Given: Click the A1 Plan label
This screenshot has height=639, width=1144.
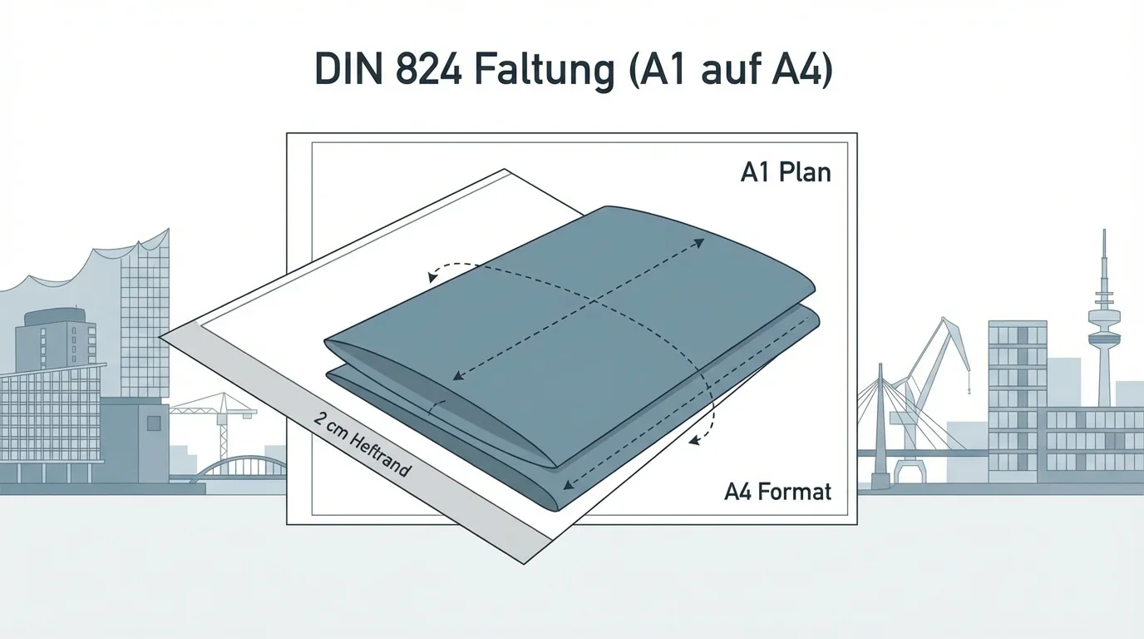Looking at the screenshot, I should tap(785, 173).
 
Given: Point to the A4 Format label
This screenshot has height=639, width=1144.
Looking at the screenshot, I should tap(777, 492).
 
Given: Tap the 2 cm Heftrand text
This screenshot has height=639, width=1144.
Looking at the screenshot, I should tap(362, 443).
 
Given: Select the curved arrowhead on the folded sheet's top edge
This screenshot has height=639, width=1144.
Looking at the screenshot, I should tap(432, 276).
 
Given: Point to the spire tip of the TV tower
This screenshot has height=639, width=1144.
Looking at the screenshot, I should tap(1104, 233).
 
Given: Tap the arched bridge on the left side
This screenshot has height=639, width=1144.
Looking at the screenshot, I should tap(237, 466).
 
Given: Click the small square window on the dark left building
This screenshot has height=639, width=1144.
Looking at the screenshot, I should tap(152, 423).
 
